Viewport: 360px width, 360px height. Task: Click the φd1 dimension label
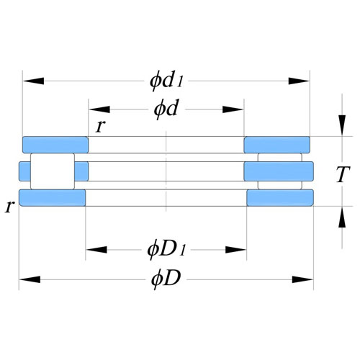(x=166, y=81)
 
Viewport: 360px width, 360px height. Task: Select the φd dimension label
(x=166, y=109)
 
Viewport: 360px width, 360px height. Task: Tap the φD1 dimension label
(x=166, y=250)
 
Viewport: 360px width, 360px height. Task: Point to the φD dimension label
(x=166, y=279)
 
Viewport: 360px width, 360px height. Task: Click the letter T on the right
(x=342, y=174)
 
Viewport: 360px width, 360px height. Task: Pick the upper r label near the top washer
(x=100, y=126)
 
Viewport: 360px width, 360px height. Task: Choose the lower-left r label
(x=9, y=207)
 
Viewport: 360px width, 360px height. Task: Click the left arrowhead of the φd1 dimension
(x=33, y=81)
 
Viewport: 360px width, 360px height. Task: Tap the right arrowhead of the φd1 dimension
(x=299, y=81)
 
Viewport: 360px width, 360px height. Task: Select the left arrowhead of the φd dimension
(x=99, y=109)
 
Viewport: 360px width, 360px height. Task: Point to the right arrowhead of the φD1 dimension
(x=236, y=250)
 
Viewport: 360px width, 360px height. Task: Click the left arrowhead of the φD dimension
(x=30, y=279)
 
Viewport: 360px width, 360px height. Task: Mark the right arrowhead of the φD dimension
(x=303, y=279)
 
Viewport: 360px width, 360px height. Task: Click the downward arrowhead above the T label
(x=342, y=125)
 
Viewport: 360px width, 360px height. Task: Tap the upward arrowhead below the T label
(x=342, y=217)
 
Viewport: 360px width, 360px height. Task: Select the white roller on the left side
(x=53, y=171)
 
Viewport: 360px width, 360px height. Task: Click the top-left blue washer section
(x=55, y=145)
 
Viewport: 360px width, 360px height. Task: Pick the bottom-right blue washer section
(x=280, y=198)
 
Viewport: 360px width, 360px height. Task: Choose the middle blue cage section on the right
(x=279, y=171)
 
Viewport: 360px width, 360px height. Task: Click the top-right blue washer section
(x=277, y=145)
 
